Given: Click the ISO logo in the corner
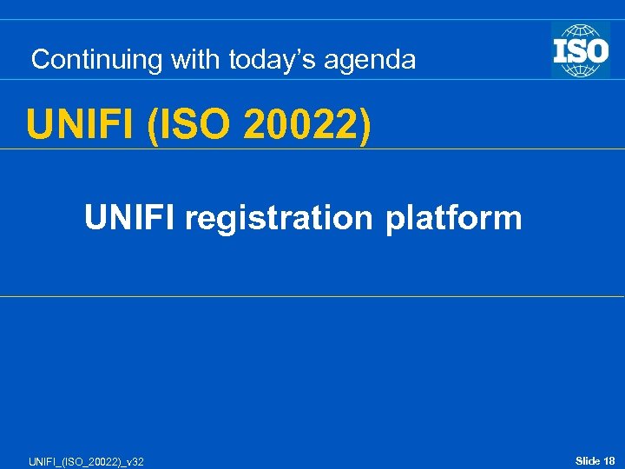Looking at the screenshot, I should (580, 50).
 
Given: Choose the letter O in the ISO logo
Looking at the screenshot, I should (596, 50).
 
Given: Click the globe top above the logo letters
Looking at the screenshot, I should (580, 30).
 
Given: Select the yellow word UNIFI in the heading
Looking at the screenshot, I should (82, 125).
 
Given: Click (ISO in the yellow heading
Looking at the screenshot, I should (189, 125).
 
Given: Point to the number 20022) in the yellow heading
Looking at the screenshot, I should (308, 125).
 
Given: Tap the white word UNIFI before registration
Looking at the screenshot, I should (129, 217).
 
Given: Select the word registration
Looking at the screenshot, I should (280, 218).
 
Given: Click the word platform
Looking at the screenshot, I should (454, 218).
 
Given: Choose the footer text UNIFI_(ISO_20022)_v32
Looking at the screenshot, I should (74, 461).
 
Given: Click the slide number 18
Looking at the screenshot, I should (609, 460).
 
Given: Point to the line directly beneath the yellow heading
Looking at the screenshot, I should (312, 149).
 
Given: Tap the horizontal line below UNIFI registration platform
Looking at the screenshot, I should (312, 296).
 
